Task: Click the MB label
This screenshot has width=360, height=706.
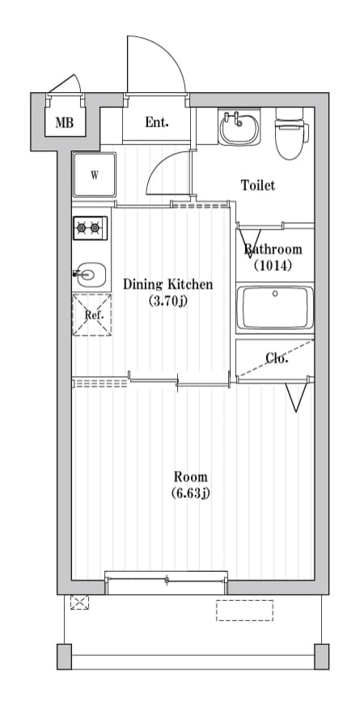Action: pos(64,124)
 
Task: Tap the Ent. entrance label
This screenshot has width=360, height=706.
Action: pos(157,123)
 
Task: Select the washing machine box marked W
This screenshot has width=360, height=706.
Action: pos(94,175)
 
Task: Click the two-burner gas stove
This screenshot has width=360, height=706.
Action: pos(90,229)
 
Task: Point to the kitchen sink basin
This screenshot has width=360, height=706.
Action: pos(91,275)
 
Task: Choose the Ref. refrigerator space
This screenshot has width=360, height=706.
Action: pos(92,315)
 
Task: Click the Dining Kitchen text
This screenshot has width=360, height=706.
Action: pos(167,285)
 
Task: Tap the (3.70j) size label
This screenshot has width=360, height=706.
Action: pos(167,302)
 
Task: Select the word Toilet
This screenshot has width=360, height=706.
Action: pos(258,185)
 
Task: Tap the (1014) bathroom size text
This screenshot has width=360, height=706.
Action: pos(273,264)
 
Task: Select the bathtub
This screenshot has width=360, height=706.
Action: pos(274,307)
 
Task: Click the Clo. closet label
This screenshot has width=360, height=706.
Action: pos(277,358)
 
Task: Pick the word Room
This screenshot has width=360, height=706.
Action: pos(191,476)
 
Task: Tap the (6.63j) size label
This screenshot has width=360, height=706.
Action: pos(191,493)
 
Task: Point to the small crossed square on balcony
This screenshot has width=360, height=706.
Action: pos(79,602)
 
